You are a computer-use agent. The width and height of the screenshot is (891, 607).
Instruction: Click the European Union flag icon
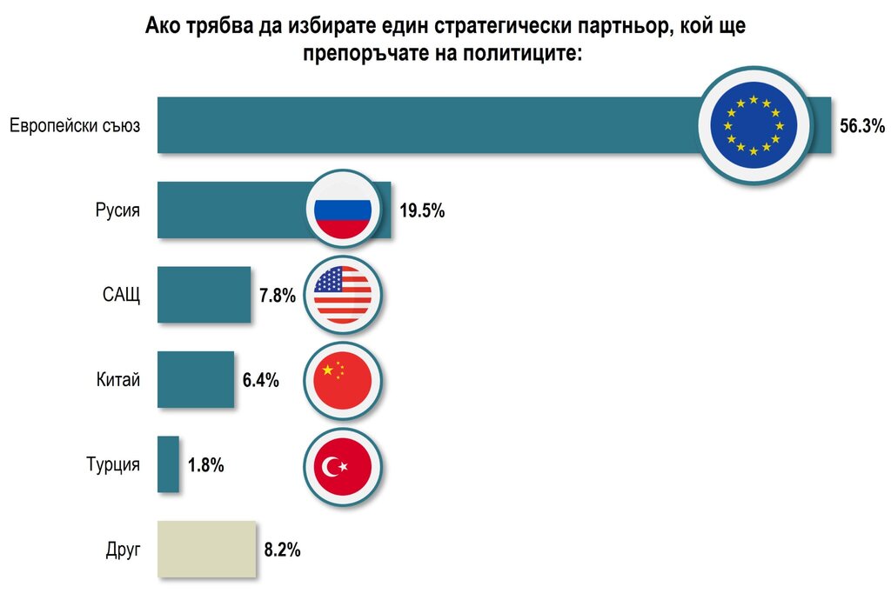click(x=754, y=125)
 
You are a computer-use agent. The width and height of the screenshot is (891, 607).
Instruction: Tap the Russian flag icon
click(x=343, y=210)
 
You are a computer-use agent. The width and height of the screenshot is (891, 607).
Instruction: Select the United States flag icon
click(x=343, y=295)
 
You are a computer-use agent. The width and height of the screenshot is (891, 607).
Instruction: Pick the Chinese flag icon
click(x=343, y=380)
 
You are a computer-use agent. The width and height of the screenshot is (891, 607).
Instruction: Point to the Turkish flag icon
click(x=343, y=465)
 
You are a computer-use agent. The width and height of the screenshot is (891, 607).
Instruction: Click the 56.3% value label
click(x=861, y=126)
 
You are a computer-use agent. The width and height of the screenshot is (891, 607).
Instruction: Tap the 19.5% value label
click(x=422, y=210)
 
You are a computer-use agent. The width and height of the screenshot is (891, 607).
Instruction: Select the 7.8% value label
click(x=278, y=295)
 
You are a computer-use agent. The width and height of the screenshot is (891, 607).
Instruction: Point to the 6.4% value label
click(x=260, y=380)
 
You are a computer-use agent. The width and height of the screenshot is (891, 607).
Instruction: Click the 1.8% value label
click(x=206, y=465)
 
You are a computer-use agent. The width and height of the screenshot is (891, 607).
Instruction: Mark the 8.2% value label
click(x=282, y=550)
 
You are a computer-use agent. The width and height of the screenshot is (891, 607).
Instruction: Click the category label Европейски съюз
click(x=75, y=126)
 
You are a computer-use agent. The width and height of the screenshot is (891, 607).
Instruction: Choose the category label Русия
click(x=117, y=210)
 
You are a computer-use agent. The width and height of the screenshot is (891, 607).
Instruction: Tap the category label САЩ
click(x=121, y=295)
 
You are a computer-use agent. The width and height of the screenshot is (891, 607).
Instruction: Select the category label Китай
click(x=118, y=380)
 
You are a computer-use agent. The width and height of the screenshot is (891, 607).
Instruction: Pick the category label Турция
click(x=113, y=465)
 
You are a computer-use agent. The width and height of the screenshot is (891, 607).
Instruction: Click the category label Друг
click(x=122, y=550)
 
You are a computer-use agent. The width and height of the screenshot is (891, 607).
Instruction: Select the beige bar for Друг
click(x=206, y=549)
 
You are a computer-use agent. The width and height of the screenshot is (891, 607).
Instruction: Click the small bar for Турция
click(x=168, y=464)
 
